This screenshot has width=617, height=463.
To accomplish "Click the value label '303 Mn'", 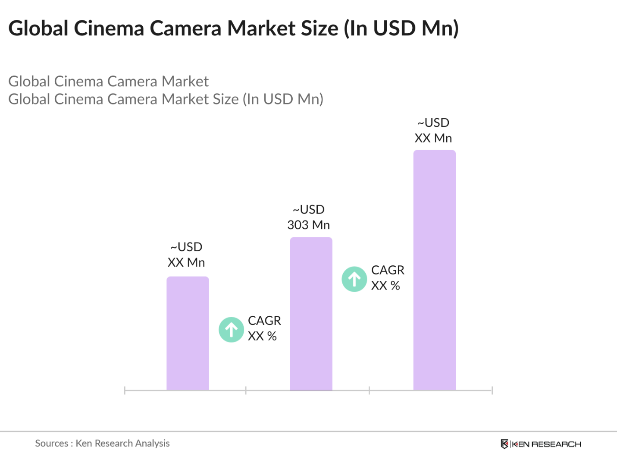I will point(309,225).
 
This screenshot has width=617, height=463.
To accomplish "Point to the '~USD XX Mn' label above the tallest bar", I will point(433,131).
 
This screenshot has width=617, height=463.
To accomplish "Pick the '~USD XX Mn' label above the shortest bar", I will point(186,255).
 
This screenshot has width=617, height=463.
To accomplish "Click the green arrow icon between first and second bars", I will point(232,330).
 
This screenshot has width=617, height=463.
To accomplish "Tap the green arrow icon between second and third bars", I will point(354,279).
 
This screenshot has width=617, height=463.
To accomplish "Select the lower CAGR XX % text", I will point(264,328).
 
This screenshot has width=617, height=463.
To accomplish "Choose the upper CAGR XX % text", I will point(387,278).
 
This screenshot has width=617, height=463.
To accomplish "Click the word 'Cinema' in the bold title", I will point(109,28).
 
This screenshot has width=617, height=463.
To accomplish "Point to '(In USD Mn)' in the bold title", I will point(401,28).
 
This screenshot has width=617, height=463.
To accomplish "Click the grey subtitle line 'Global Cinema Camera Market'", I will point(109,82).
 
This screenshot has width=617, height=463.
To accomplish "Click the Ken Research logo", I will point(541,444).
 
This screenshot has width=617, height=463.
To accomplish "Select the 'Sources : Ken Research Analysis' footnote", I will point(102,443).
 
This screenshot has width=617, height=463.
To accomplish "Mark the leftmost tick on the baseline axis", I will point(125,391).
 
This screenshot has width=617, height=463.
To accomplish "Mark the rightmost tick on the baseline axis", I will point(492,391).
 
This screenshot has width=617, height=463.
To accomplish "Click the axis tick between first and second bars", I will point(246,391).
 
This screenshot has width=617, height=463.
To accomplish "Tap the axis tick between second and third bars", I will point(369,391).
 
